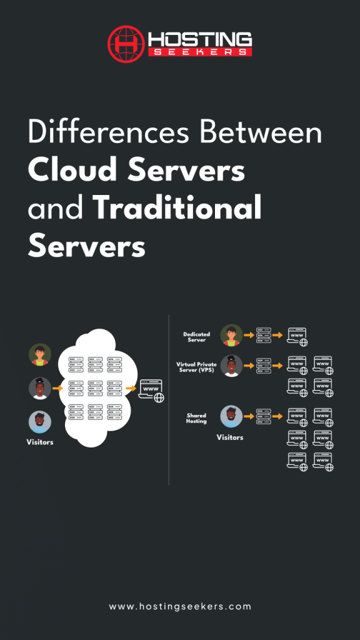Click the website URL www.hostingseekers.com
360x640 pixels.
click(180, 606)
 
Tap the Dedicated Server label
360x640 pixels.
click(197, 337)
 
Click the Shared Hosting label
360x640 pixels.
click(197, 417)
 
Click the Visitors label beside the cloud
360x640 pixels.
click(39, 442)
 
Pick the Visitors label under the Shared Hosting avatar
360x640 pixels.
click(229, 437)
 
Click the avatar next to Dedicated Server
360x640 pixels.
click(231, 336)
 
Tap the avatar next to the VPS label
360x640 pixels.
click(231, 366)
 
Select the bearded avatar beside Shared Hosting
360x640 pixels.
click(231, 416)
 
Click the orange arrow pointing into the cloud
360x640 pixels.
click(58, 388)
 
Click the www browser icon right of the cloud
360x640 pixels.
click(151, 389)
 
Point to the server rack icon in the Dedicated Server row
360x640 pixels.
click(264, 336)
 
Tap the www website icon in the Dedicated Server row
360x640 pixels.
click(297, 336)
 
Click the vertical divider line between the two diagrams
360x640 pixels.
click(169, 400)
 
